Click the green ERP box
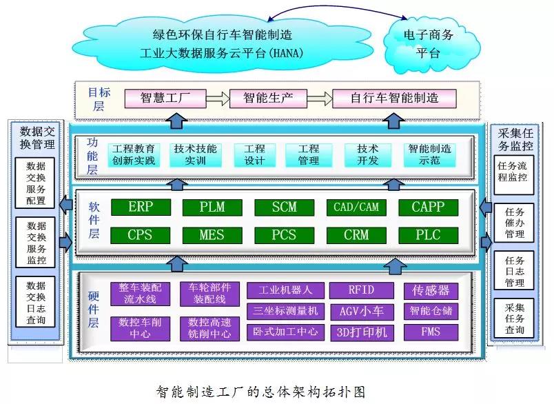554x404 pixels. tap(140, 207)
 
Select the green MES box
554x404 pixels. tap(212, 234)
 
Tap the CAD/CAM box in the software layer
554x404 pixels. tap(356, 207)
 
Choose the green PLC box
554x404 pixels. tap(427, 234)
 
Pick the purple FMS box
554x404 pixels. tap(430, 332)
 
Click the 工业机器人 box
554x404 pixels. tap(285, 290)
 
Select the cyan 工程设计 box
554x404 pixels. tap(254, 154)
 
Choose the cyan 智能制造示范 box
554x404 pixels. tap(429, 154)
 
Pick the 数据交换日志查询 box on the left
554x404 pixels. tap(36, 303)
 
